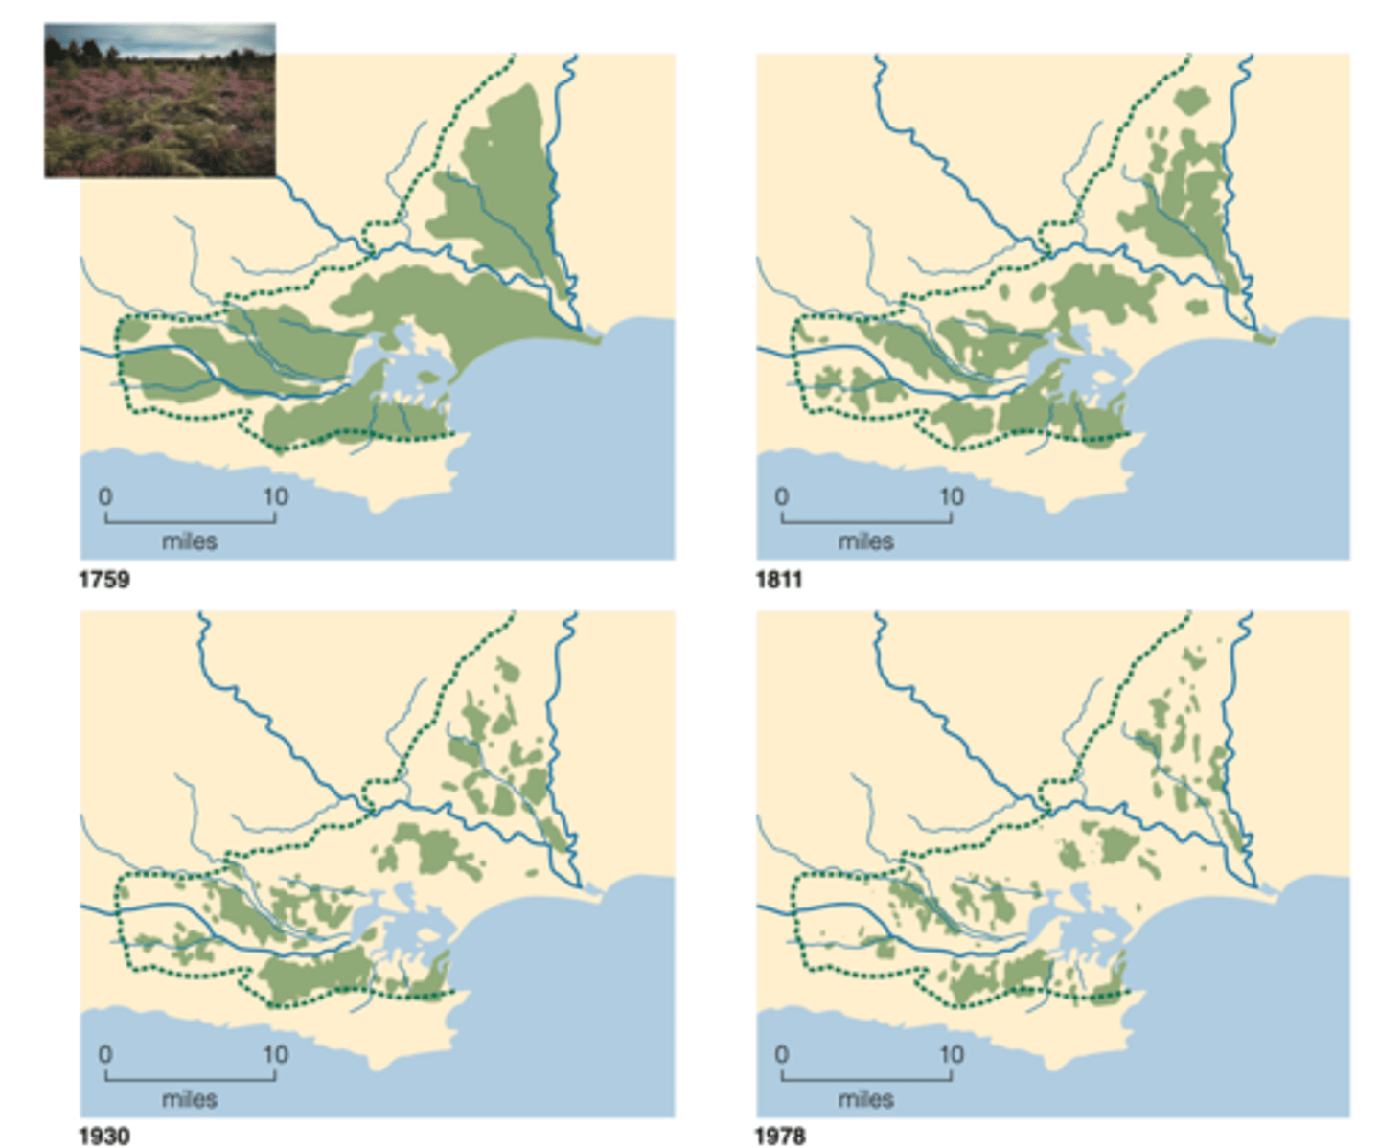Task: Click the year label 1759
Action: [103, 580]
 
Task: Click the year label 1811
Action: [778, 580]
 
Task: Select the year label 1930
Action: [103, 1136]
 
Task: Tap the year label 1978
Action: [779, 1136]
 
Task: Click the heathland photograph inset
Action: [160, 101]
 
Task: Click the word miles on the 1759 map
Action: [190, 541]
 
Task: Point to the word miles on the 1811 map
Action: [866, 541]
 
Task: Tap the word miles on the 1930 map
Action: [190, 1099]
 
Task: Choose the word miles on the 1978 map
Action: [866, 1099]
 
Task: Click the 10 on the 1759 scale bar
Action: [275, 496]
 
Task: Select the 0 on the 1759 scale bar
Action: [105, 496]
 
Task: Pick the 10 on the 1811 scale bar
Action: [951, 496]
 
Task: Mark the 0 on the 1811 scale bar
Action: [782, 496]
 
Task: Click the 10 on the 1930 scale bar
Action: [275, 1054]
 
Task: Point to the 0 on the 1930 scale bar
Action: [105, 1054]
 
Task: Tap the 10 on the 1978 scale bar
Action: [951, 1054]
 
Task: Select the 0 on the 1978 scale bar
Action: [782, 1054]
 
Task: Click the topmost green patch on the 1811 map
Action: [1191, 100]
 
